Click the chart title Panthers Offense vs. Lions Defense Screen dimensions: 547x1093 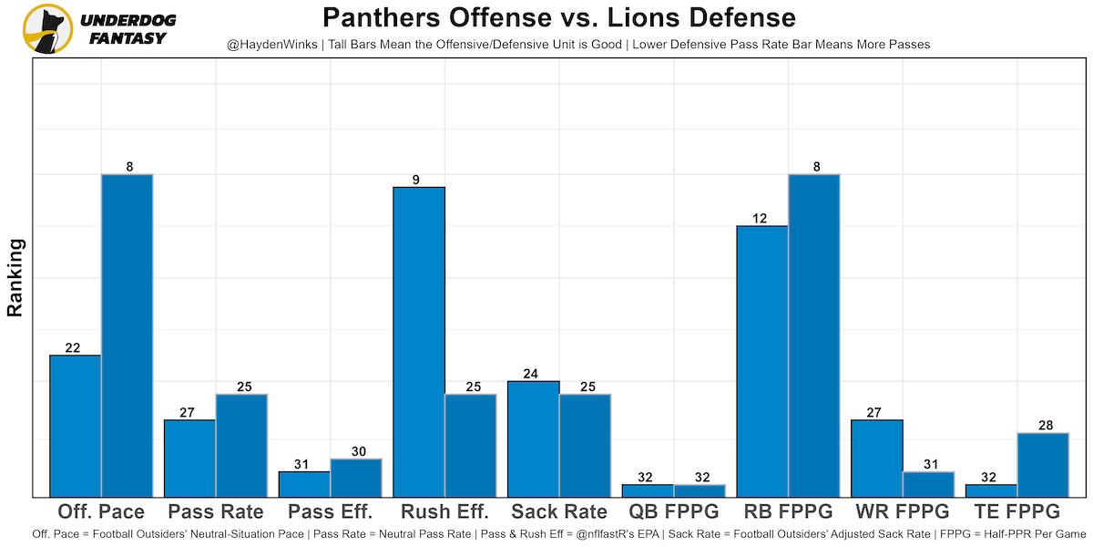click(x=558, y=18)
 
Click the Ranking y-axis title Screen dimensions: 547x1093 click(x=15, y=277)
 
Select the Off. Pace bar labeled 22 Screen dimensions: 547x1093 click(x=75, y=426)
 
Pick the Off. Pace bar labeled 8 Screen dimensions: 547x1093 click(x=127, y=335)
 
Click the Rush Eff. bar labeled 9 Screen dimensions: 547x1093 click(x=419, y=342)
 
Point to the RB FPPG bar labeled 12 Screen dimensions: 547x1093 click(x=762, y=361)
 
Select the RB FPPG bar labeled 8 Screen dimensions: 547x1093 click(x=813, y=335)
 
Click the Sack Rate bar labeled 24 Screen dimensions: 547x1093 click(x=534, y=439)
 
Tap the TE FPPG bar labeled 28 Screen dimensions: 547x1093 click(x=1042, y=465)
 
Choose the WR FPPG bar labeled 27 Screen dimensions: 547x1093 click(x=877, y=458)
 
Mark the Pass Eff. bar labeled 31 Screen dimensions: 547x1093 click(x=304, y=484)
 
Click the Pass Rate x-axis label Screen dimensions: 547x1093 click(x=216, y=511)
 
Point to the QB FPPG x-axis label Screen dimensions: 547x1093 click(x=674, y=511)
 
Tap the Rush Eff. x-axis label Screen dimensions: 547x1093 click(x=445, y=511)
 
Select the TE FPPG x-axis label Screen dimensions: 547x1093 click(x=1016, y=511)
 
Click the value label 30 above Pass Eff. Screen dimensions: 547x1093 click(x=356, y=451)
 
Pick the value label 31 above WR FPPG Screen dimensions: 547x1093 click(x=928, y=464)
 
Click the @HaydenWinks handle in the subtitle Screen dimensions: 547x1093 click(x=271, y=44)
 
